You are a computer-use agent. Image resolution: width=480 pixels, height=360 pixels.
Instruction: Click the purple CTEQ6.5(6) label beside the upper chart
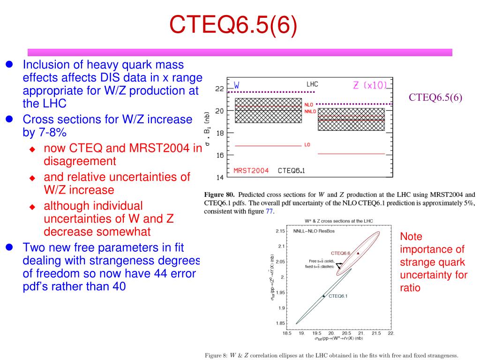click(435, 97)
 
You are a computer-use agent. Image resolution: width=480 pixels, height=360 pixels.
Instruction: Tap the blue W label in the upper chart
click(237, 85)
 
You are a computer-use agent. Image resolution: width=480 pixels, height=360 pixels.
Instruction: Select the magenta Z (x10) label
click(370, 85)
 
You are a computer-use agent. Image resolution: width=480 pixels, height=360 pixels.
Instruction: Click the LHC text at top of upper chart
click(312, 84)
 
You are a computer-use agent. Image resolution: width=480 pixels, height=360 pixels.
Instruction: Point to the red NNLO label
click(310, 112)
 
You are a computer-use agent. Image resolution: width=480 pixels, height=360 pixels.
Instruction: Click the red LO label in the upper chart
click(307, 145)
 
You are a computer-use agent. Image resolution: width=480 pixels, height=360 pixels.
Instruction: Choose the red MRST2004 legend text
click(251, 171)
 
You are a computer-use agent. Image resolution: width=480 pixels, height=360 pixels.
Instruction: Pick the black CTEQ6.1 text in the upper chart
click(292, 171)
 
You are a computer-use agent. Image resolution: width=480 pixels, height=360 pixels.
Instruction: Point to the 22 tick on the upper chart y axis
click(219, 89)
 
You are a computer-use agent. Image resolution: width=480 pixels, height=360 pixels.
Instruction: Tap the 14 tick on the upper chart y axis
click(219, 178)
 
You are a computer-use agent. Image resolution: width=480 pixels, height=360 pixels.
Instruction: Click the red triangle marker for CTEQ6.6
click(358, 253)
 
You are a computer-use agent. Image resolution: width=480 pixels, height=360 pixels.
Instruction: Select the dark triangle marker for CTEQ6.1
click(323, 296)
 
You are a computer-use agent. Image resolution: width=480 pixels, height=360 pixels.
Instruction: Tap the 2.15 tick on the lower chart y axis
click(280, 231)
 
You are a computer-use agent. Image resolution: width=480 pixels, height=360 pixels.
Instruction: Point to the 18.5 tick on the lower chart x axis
click(287, 333)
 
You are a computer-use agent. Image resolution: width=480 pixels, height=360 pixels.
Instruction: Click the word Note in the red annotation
click(411, 237)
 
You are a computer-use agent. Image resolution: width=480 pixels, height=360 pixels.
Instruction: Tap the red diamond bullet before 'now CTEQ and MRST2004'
click(32, 149)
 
